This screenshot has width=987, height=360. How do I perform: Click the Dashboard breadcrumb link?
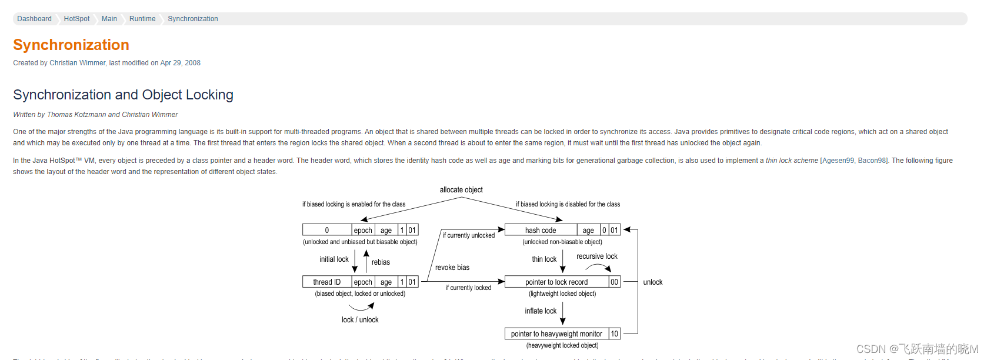34,19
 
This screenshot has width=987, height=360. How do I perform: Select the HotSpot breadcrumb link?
76,19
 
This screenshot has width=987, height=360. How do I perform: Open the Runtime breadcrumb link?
142,19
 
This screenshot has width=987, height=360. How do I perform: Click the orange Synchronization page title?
71,45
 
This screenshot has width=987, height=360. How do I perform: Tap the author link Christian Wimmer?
77,63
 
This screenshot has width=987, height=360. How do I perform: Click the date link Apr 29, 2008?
180,63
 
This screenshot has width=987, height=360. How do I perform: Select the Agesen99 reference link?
838,161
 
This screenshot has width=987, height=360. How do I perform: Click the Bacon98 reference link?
872,161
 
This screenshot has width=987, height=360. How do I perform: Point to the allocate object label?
461,190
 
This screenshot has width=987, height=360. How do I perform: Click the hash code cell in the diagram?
541,230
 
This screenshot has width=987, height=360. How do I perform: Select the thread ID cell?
327,282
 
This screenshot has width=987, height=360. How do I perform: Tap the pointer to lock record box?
556,282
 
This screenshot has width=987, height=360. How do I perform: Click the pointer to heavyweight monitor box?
556,334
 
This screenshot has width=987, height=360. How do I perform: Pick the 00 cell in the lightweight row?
614,282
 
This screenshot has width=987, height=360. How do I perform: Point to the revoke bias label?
452,268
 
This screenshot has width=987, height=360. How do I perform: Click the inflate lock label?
541,311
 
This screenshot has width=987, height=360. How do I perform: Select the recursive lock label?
596,256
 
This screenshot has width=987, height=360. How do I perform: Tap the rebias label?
381,262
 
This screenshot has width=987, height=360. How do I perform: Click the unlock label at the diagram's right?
653,282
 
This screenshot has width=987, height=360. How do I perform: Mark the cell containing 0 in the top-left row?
327,230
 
